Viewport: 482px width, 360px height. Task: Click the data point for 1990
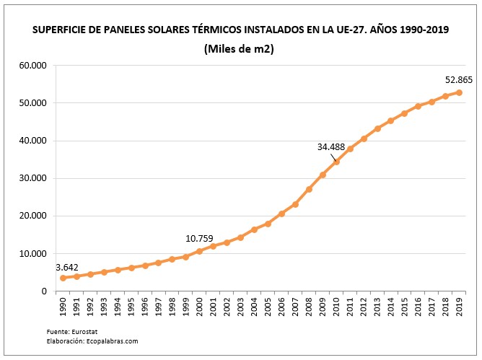[x=63, y=278]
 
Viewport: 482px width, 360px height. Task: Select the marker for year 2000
[x=200, y=251]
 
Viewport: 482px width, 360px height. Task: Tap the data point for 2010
[x=336, y=162]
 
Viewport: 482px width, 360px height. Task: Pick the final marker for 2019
[x=460, y=92]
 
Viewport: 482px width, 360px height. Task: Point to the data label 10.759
[x=201, y=238]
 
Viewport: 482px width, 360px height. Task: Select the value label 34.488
[x=331, y=146]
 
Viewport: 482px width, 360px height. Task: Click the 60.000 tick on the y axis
[x=32, y=66]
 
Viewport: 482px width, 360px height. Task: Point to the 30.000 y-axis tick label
[x=32, y=178]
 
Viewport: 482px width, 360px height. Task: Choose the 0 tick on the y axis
[x=45, y=291]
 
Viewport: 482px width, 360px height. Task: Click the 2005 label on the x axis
[x=268, y=307]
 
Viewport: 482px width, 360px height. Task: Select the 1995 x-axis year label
[x=132, y=307]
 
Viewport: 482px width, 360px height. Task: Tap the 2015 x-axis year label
[x=405, y=307]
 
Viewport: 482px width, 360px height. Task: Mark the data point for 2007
[x=295, y=204]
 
